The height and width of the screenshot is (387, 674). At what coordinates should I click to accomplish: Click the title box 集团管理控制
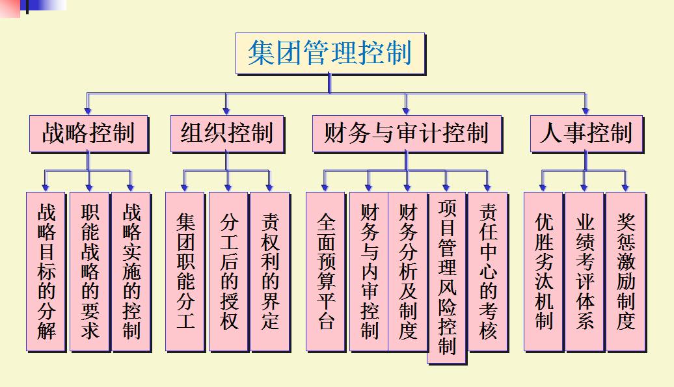click(x=330, y=53)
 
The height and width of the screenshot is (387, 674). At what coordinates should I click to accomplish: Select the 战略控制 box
click(x=88, y=133)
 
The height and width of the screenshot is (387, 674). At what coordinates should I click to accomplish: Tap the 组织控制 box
click(x=226, y=133)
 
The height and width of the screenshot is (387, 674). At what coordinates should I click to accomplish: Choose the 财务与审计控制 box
click(x=406, y=133)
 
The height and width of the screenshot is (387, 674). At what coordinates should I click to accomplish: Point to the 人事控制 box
click(x=586, y=133)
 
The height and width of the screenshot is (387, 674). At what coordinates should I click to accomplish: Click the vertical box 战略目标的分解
click(x=46, y=271)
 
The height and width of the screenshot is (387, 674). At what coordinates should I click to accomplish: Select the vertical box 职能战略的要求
click(x=89, y=271)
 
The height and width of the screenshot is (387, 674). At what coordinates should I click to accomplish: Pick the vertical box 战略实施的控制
click(x=131, y=271)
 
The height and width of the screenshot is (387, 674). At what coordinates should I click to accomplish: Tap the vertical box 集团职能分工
click(x=185, y=271)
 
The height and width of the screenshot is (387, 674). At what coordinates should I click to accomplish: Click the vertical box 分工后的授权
click(x=228, y=271)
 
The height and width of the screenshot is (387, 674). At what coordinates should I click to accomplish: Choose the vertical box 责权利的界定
click(x=269, y=271)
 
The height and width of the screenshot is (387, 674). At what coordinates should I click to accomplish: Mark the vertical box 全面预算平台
click(x=326, y=271)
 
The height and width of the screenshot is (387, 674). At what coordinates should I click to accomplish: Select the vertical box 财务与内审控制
click(x=369, y=271)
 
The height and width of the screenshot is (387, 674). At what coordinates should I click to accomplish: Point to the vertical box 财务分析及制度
click(x=407, y=271)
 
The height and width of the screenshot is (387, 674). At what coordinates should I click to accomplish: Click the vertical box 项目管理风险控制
click(x=447, y=277)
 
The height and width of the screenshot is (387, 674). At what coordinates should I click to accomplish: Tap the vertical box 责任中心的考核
click(x=487, y=271)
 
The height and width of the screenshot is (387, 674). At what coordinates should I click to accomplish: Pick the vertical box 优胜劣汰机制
click(x=543, y=271)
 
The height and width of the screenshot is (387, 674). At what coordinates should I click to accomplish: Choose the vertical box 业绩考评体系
click(x=584, y=271)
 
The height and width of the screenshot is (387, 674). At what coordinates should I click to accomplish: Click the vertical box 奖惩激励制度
click(x=625, y=271)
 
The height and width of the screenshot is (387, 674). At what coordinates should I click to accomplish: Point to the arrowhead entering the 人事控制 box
click(x=586, y=111)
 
